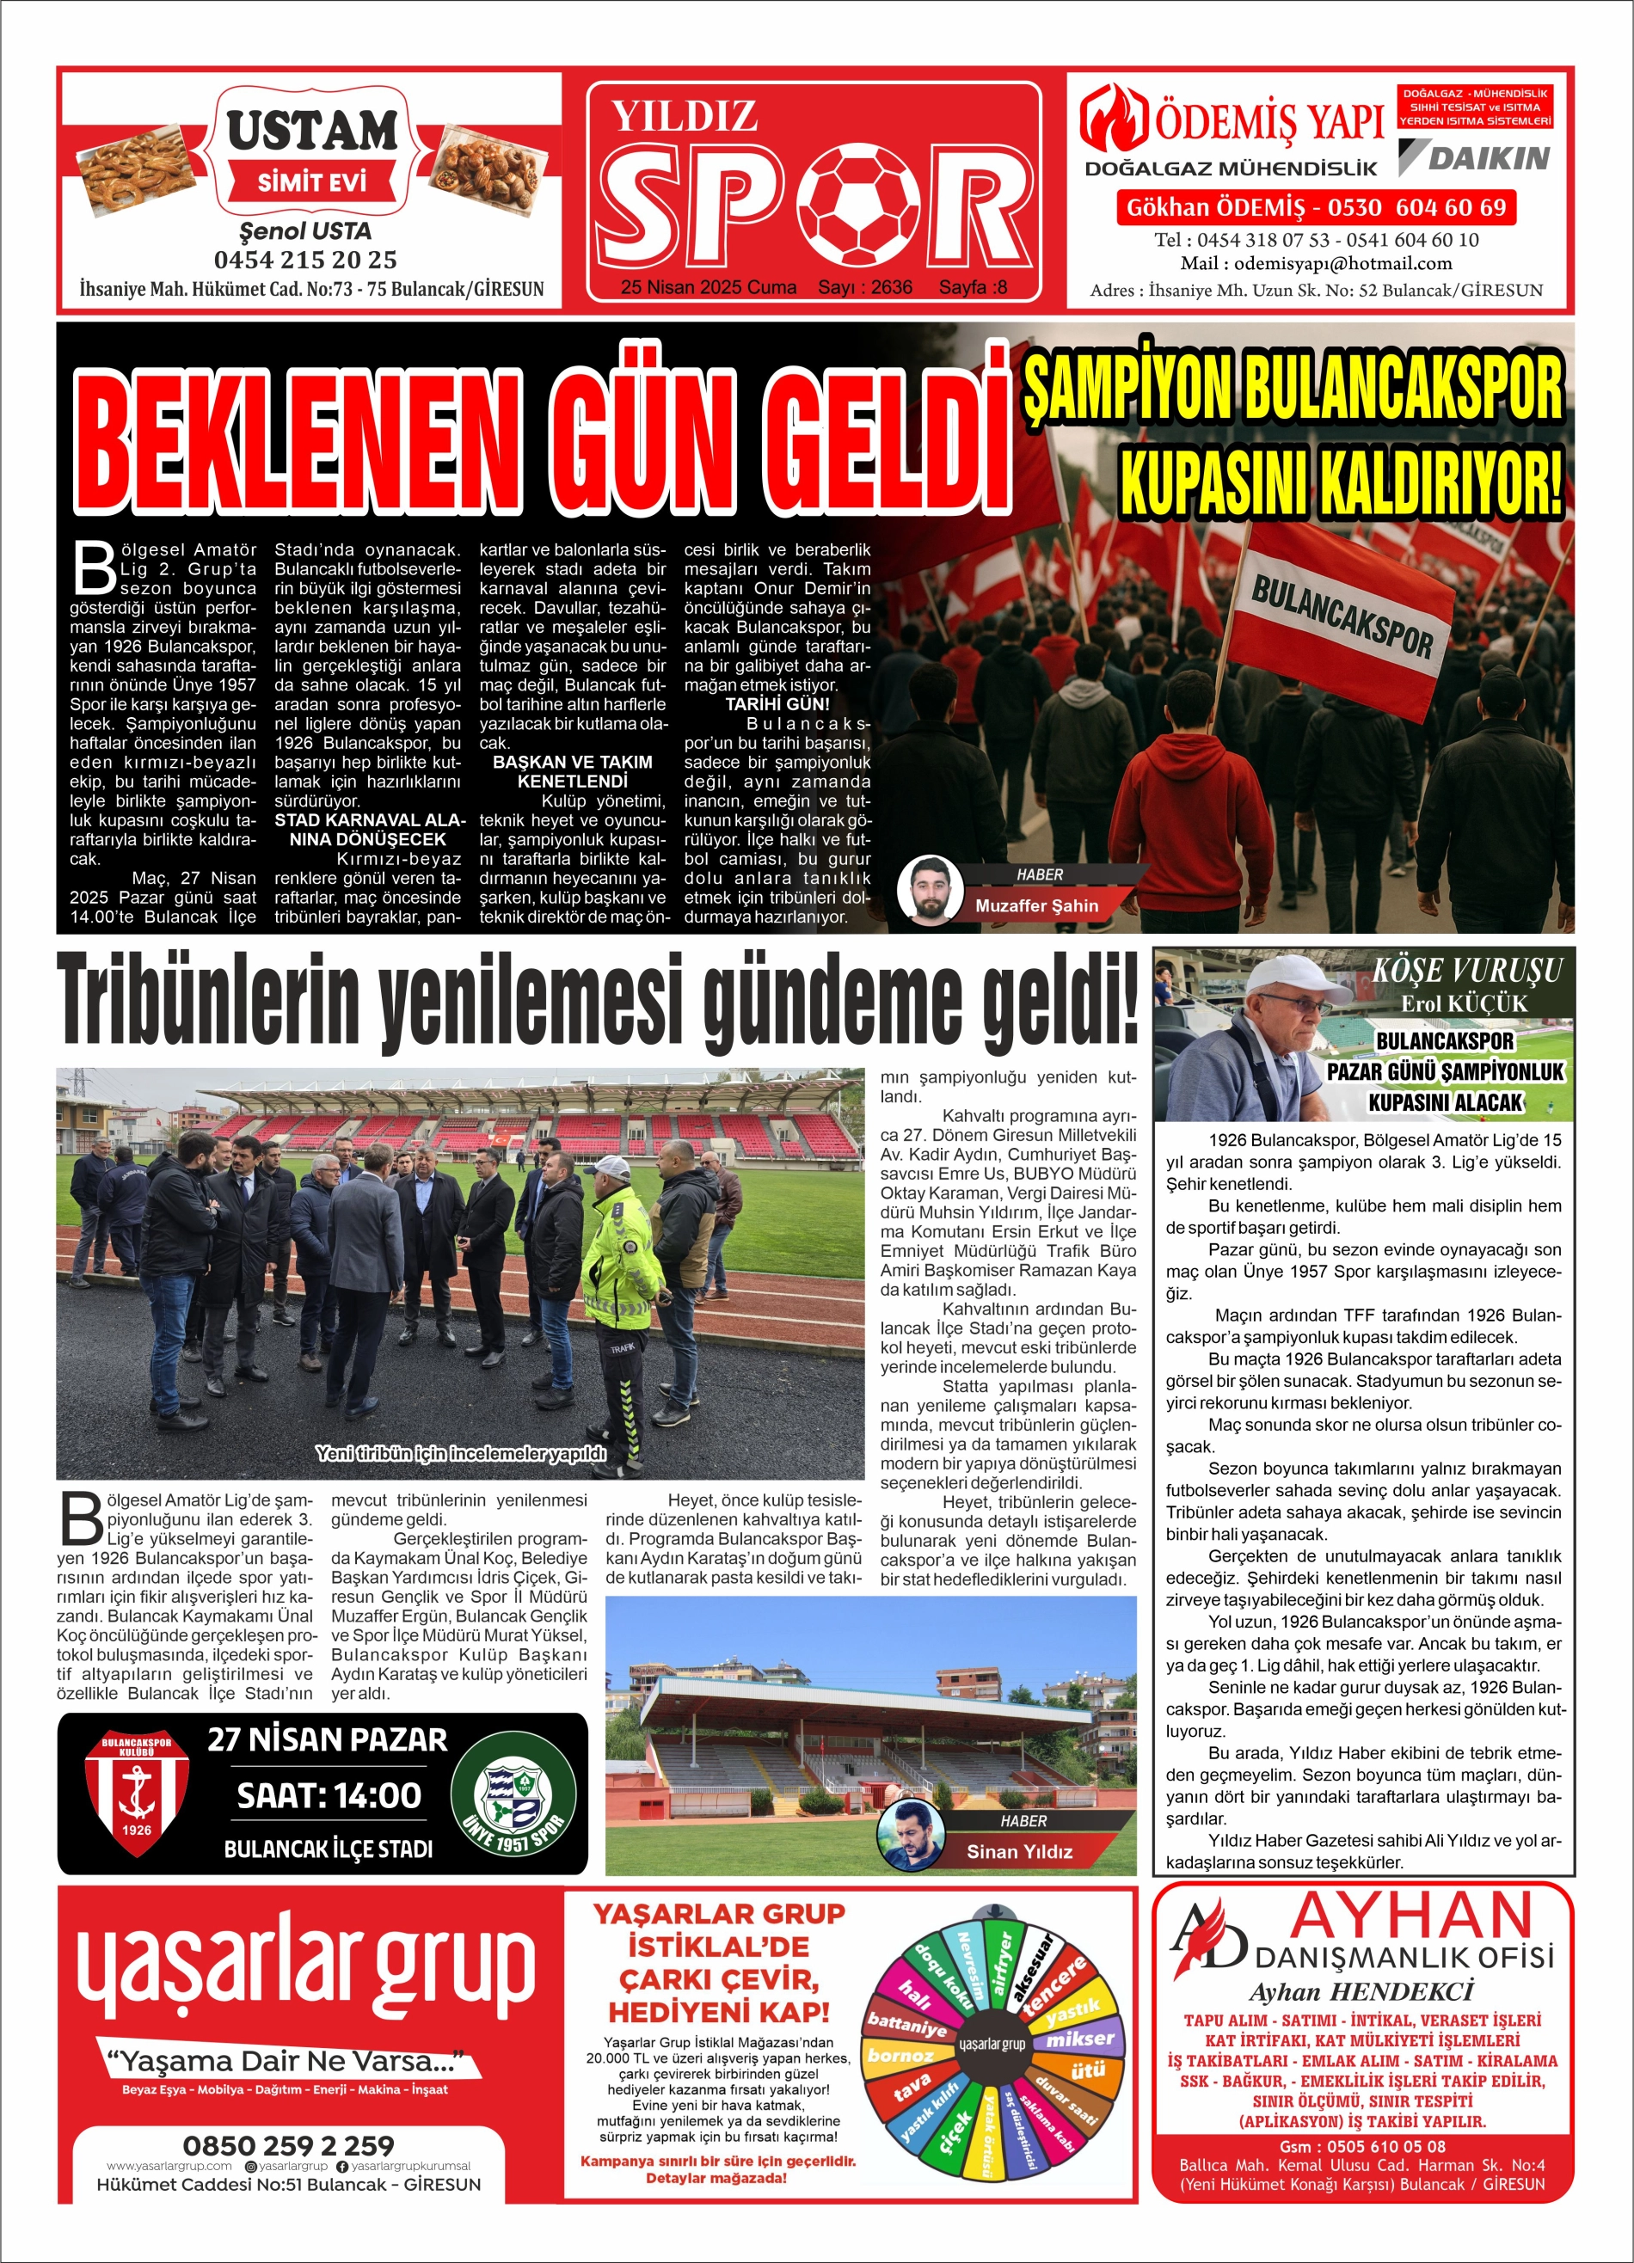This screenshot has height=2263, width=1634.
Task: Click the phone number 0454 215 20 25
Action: [305, 261]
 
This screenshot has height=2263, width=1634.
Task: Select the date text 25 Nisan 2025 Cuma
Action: [708, 287]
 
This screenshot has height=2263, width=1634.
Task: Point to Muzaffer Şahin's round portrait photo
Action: [930, 888]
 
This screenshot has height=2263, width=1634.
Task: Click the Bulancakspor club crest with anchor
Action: [136, 1792]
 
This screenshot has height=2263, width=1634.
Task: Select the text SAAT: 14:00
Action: [329, 1796]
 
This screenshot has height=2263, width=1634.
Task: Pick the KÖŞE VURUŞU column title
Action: [1466, 971]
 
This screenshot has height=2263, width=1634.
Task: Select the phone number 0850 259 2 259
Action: [288, 2144]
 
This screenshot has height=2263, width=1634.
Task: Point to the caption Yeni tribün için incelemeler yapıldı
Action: [460, 1453]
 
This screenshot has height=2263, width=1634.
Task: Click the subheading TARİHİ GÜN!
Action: [777, 704]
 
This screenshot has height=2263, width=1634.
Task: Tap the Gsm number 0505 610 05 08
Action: [1362, 2146]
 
